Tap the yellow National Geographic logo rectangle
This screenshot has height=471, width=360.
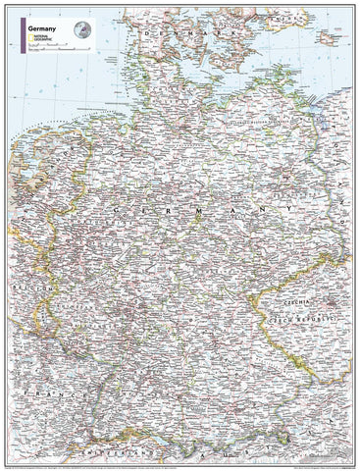click(26, 40)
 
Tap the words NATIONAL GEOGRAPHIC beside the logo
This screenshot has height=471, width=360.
click(41, 40)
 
